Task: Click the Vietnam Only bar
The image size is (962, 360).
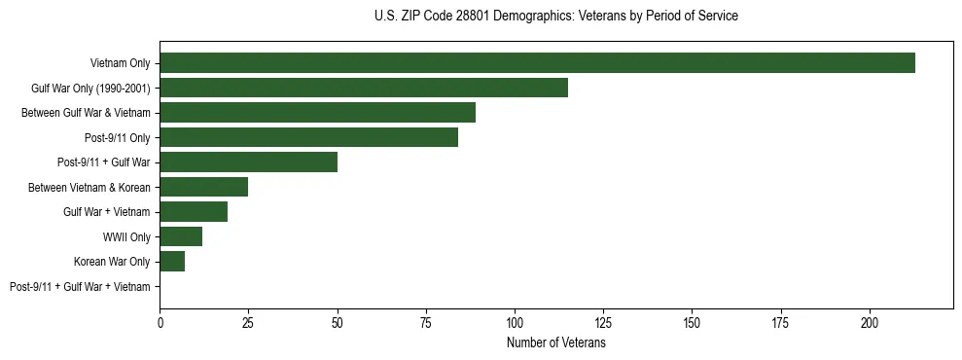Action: click(537, 63)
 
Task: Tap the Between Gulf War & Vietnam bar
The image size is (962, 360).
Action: click(317, 113)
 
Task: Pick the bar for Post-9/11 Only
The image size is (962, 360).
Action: click(308, 137)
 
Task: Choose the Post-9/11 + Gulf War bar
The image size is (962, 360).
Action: click(249, 162)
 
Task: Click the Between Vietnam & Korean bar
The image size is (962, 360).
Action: click(204, 187)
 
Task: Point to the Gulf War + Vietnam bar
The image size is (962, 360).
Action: click(194, 212)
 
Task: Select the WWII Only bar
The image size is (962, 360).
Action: click(181, 236)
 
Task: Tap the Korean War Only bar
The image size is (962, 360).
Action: click(172, 262)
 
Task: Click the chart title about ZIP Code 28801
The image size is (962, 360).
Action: click(555, 17)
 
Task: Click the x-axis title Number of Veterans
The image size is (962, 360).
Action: click(555, 343)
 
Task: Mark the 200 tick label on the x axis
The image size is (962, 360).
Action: click(869, 322)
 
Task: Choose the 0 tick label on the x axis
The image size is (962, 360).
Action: click(160, 322)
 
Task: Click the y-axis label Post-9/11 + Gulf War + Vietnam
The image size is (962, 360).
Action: click(80, 287)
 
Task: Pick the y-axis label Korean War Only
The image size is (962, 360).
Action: click(112, 262)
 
